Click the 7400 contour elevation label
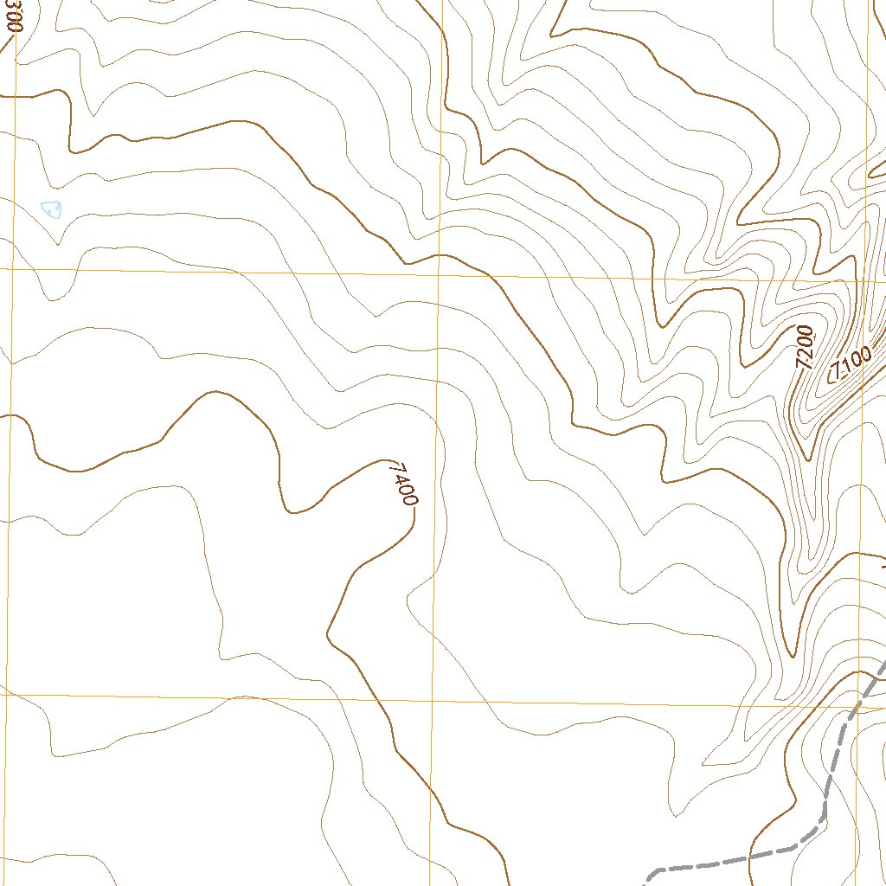click(x=403, y=485)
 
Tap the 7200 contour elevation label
click(x=806, y=348)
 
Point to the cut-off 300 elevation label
click(x=10, y=16)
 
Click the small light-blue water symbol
click(x=52, y=209)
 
